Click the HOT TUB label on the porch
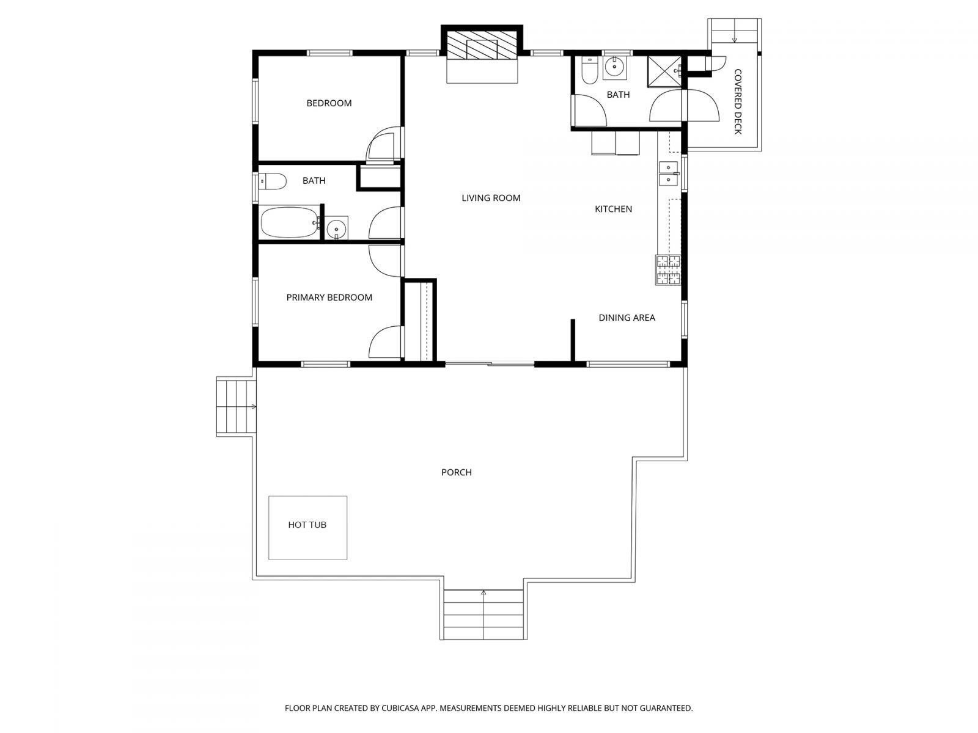307,525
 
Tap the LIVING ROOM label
491,198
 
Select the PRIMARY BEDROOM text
329,297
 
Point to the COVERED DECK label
737,101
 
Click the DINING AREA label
627,318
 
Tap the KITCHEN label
613,209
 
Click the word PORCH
456,472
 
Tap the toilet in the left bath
272,181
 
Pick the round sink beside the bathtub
336,228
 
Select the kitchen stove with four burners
668,270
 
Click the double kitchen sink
668,173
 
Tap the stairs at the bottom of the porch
483,614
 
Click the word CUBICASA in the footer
400,708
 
